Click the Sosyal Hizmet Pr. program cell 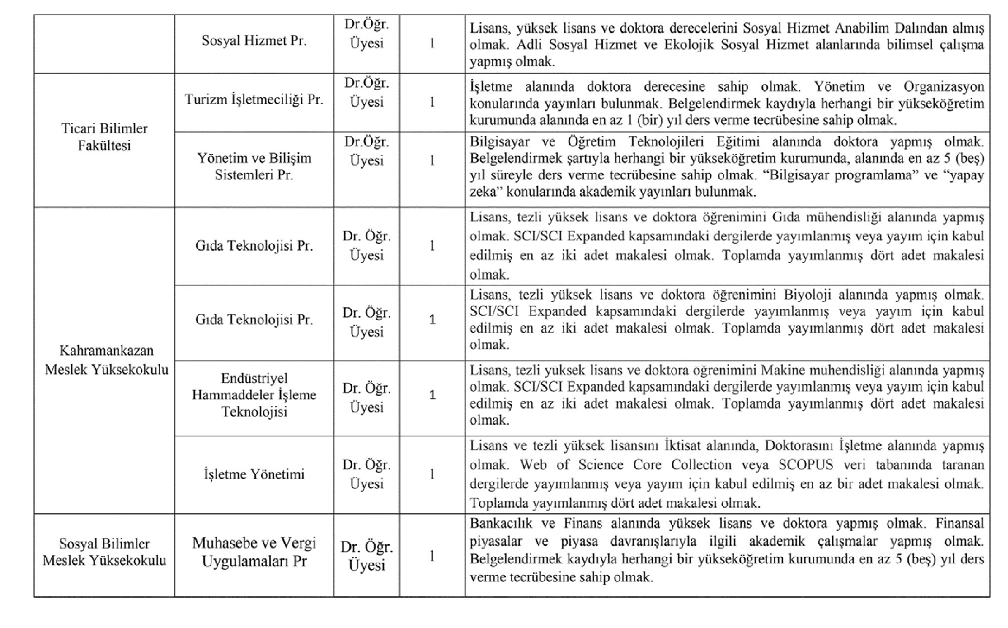click(x=254, y=41)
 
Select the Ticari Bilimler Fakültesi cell click(x=104, y=137)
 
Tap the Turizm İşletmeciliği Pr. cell click(x=254, y=100)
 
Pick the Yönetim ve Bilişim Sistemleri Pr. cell click(x=254, y=166)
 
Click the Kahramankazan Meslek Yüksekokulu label click(x=106, y=360)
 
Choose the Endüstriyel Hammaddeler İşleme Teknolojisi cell click(x=254, y=394)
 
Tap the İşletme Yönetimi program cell click(x=254, y=474)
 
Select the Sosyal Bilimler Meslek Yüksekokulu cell click(x=104, y=552)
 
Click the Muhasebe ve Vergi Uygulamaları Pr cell click(x=254, y=552)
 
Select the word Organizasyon click(x=943, y=87)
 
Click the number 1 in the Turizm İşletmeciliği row click(x=432, y=102)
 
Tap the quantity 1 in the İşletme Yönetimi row click(x=432, y=474)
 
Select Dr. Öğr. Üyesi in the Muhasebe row click(x=366, y=556)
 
